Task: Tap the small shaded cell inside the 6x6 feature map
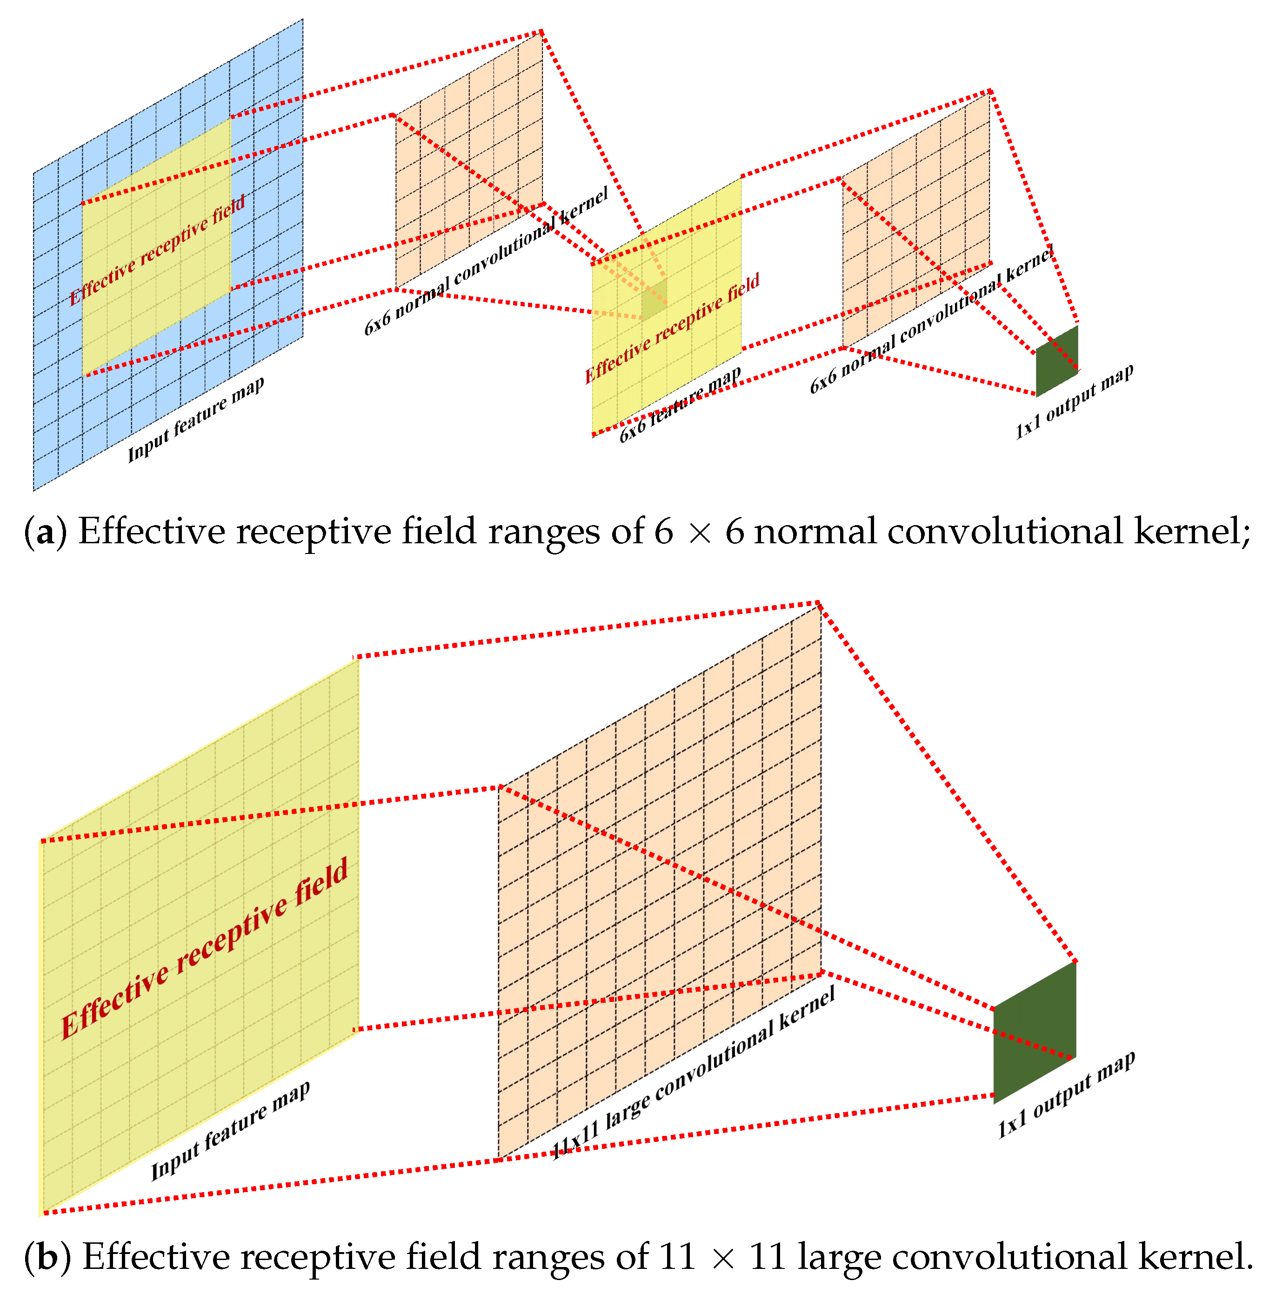[x=654, y=299]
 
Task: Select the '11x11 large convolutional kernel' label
[x=693, y=1073]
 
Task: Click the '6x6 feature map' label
[x=680, y=405]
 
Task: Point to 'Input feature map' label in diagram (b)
[x=230, y=1130]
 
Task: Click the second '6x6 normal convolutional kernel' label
[x=932, y=320]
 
